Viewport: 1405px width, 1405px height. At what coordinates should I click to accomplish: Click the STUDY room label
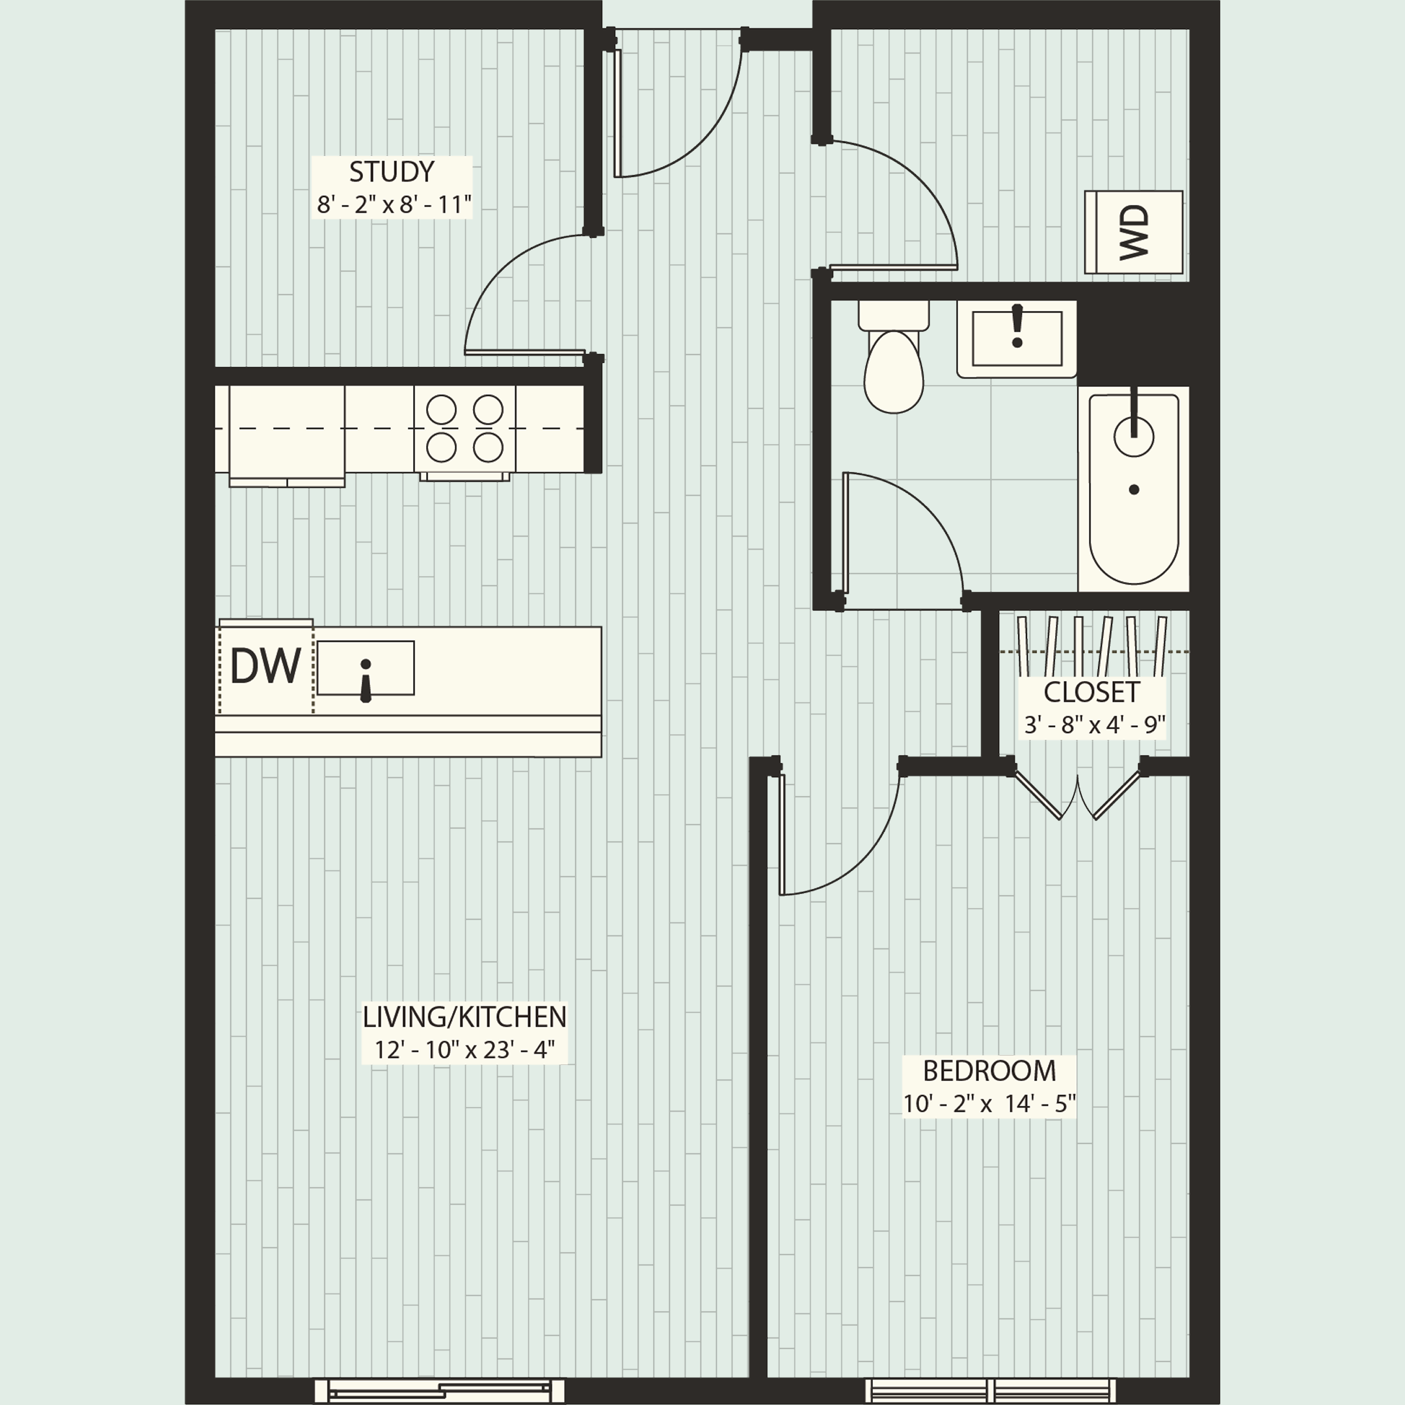tap(391, 172)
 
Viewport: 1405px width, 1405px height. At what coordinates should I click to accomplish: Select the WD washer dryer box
tap(1133, 233)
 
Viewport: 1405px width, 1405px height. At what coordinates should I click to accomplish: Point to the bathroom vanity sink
tap(1017, 339)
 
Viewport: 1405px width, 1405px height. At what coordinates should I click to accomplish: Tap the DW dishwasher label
tap(265, 666)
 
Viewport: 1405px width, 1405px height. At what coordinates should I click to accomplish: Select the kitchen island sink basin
tap(365, 667)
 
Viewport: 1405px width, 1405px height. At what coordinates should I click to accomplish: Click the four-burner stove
tap(464, 429)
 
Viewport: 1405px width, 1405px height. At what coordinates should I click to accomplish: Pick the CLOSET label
tap(1091, 692)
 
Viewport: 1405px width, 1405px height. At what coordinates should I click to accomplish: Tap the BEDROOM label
tap(989, 1071)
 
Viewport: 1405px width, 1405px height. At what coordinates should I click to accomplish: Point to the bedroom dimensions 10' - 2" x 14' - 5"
tap(989, 1104)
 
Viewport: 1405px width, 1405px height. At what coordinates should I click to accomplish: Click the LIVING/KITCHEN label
tap(464, 1017)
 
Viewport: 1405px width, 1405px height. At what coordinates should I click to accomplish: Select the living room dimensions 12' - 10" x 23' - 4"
tap(464, 1050)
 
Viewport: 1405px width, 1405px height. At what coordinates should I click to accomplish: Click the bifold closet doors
tap(1077, 796)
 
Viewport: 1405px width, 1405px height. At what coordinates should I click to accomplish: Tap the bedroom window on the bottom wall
tap(991, 1391)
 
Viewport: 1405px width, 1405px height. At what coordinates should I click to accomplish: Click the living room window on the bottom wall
tap(439, 1391)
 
